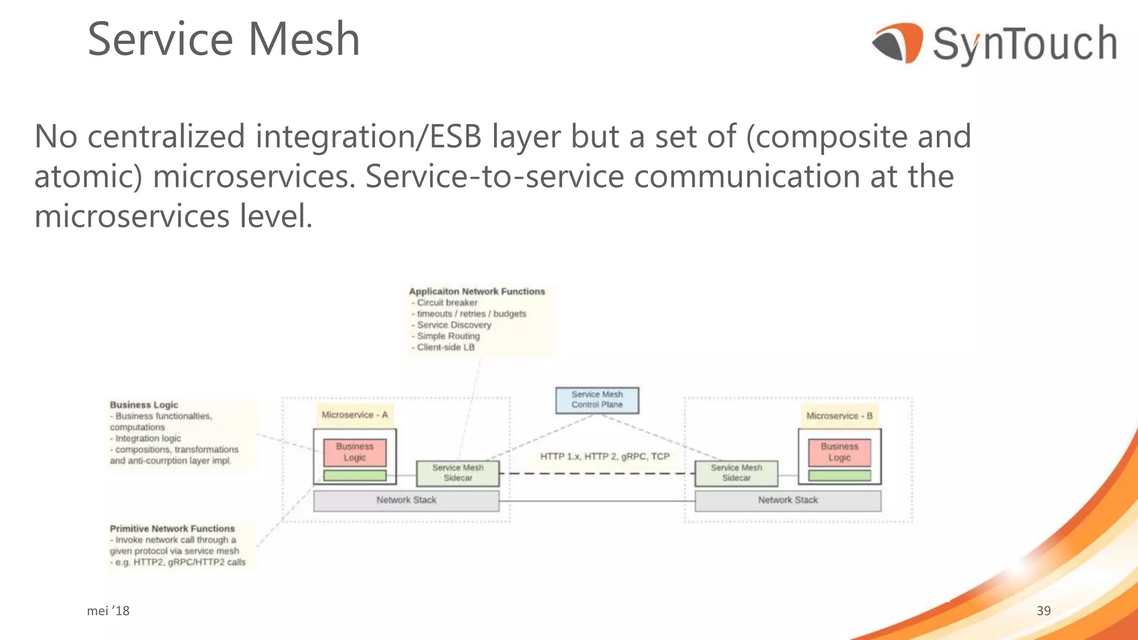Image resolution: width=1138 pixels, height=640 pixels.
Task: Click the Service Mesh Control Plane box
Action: pyautogui.click(x=597, y=400)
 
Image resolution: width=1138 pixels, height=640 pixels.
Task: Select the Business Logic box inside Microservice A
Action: pyautogui.click(x=355, y=452)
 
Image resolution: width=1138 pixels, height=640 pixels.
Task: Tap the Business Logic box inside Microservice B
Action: pyautogui.click(x=839, y=452)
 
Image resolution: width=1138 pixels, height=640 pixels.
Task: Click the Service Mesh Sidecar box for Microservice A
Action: pyautogui.click(x=458, y=473)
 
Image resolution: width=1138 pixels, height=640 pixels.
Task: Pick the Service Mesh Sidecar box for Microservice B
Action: pyautogui.click(x=736, y=473)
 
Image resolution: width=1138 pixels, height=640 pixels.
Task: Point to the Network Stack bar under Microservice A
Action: pyautogui.click(x=406, y=501)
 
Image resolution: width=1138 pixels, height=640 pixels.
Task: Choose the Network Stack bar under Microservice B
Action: pyautogui.click(x=788, y=501)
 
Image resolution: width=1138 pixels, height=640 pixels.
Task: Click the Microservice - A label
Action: pyautogui.click(x=355, y=415)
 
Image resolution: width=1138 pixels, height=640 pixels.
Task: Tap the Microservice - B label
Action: pyautogui.click(x=839, y=416)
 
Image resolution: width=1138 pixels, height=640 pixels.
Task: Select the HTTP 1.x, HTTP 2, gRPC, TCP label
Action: pyautogui.click(x=605, y=457)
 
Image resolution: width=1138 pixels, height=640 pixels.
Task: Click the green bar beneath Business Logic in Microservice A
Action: pyautogui.click(x=355, y=476)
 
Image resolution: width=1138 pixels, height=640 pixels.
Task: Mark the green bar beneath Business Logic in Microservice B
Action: pyautogui.click(x=839, y=476)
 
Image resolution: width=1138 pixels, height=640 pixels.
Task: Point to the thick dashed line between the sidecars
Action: pyautogui.click(x=597, y=474)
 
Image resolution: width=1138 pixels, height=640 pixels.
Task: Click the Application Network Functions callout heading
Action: pyautogui.click(x=477, y=292)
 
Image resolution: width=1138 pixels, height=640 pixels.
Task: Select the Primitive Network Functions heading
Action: pyautogui.click(x=172, y=529)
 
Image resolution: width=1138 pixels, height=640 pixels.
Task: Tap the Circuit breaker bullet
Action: pyautogui.click(x=447, y=303)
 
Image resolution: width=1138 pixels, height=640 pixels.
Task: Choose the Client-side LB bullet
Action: pyautogui.click(x=446, y=347)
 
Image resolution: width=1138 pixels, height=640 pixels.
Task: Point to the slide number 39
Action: pyautogui.click(x=1044, y=611)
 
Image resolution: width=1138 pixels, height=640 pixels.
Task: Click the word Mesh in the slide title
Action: pyautogui.click(x=304, y=39)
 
